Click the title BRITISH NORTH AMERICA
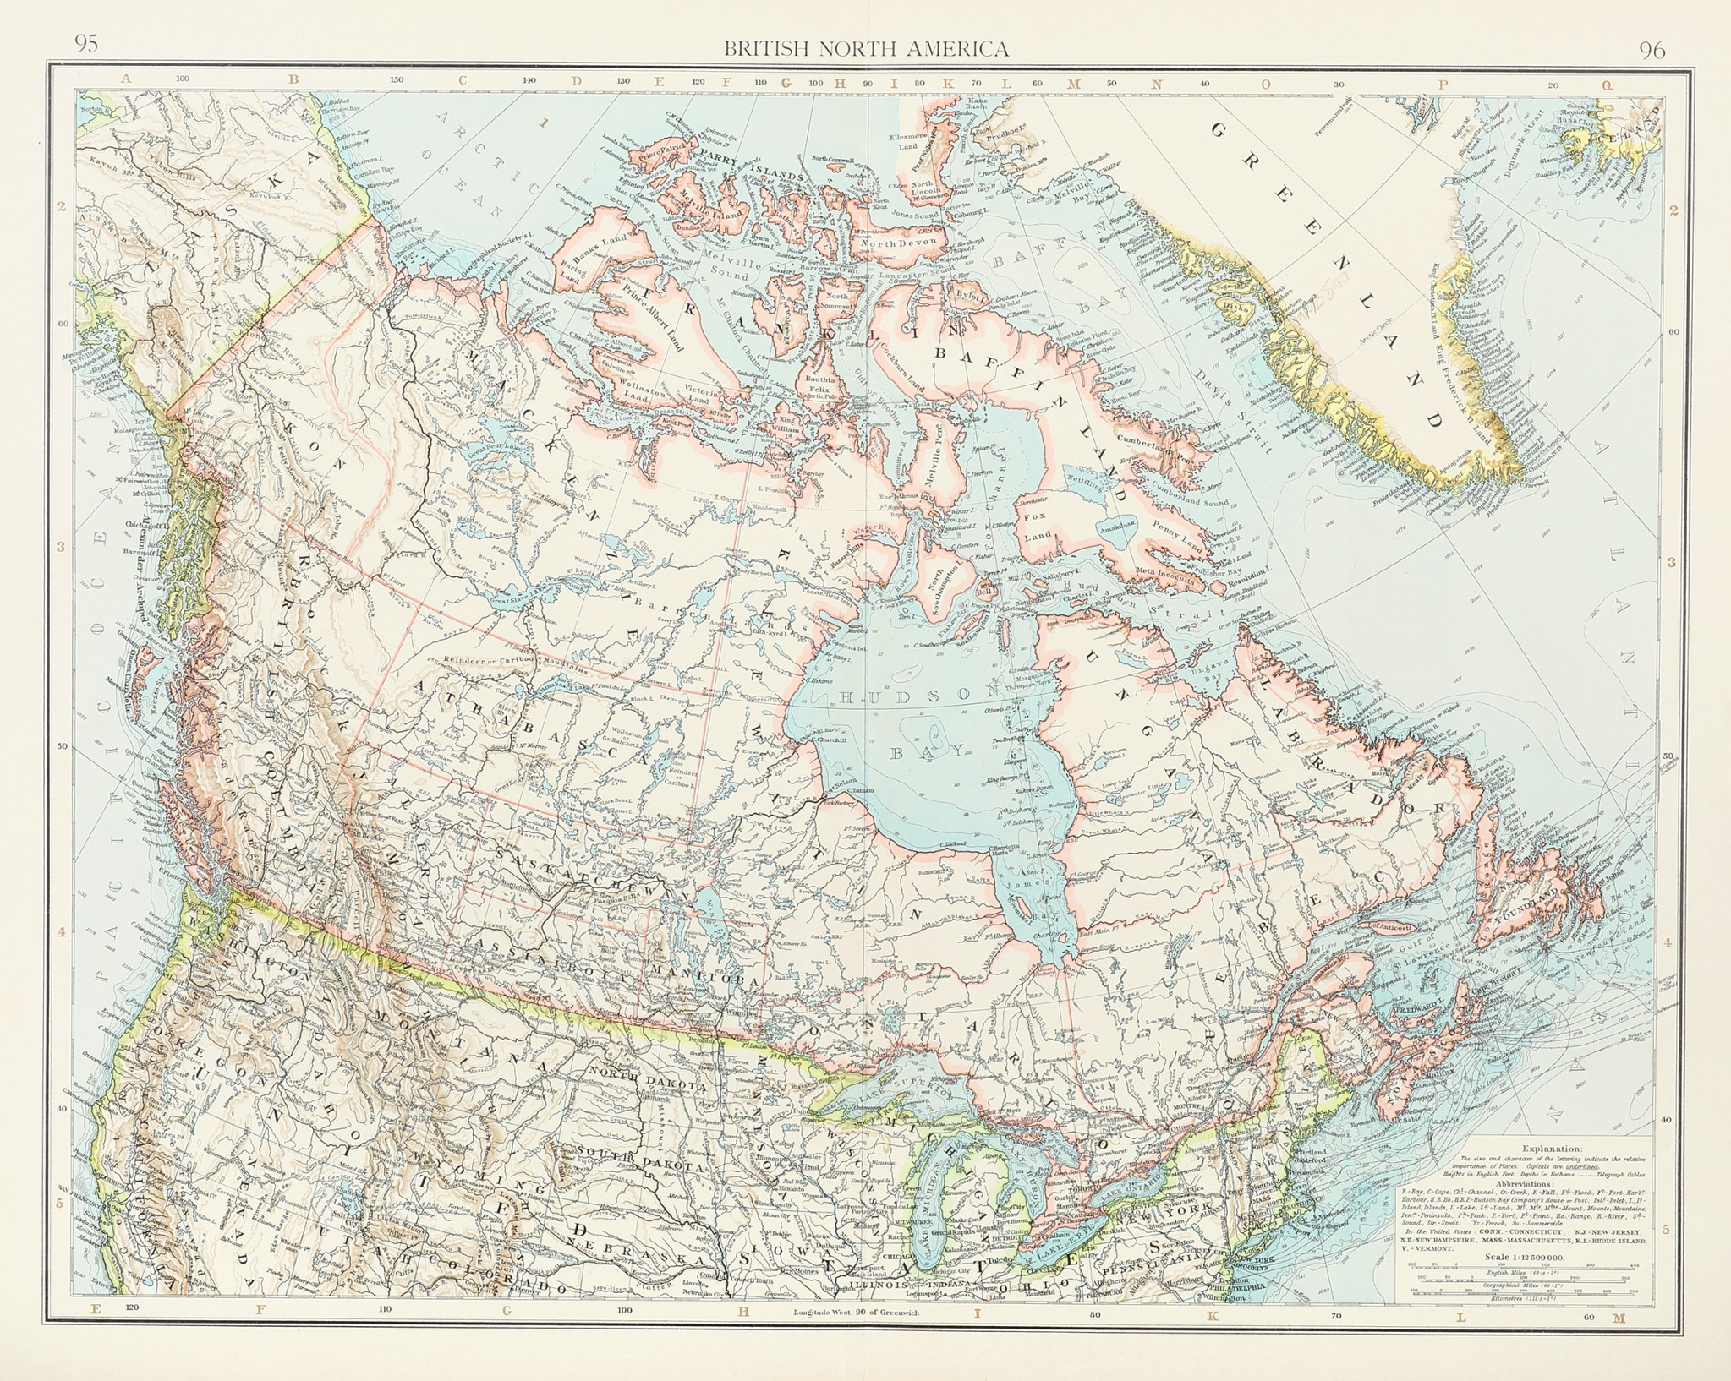pos(865,48)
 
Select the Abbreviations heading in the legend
pos(1558,1185)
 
